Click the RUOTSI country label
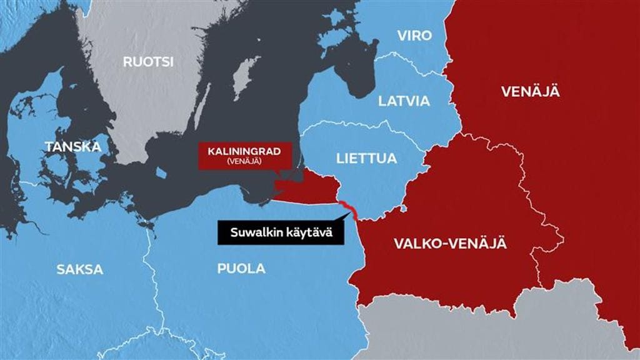148,62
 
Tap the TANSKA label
72,147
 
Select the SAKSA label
79,270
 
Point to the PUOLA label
241,269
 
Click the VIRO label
414,35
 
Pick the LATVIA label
404,101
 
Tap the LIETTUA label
366,158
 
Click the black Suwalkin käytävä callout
275,233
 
